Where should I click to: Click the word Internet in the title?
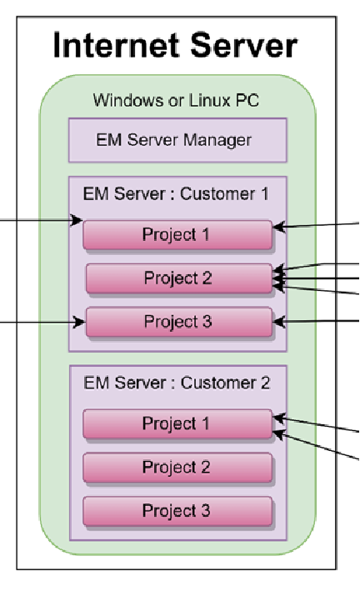(118, 45)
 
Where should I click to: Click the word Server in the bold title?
(243, 45)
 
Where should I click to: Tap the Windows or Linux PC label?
(176, 100)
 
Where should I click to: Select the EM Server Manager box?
(177, 140)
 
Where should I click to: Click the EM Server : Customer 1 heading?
(176, 194)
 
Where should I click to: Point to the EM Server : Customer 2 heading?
(177, 383)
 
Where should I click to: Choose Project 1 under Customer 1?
(177, 234)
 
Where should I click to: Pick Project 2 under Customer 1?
(179, 278)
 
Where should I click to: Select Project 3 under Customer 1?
(179, 322)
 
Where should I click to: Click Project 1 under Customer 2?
(177, 423)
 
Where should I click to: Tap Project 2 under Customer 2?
(177, 467)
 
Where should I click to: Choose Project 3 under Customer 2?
(177, 511)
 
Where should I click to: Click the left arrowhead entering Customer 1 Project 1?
(77, 220)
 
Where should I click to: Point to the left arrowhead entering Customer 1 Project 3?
(79, 323)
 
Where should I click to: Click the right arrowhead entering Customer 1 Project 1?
(279, 228)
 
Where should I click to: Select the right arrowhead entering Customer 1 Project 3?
(279, 322)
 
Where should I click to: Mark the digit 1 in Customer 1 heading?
(265, 194)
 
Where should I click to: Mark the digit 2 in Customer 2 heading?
(265, 383)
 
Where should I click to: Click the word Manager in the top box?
(217, 140)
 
